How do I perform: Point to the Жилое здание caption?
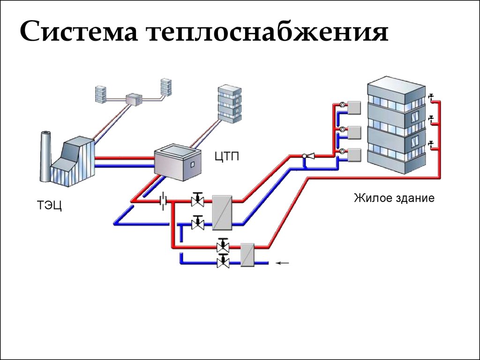tap(394, 198)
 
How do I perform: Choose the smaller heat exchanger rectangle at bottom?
tap(247, 255)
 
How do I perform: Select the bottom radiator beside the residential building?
tap(353, 154)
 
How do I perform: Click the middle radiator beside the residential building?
tap(353, 132)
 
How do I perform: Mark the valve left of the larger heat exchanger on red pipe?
tap(198, 201)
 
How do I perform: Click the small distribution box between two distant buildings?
tap(134, 99)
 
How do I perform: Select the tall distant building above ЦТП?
tap(229, 104)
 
